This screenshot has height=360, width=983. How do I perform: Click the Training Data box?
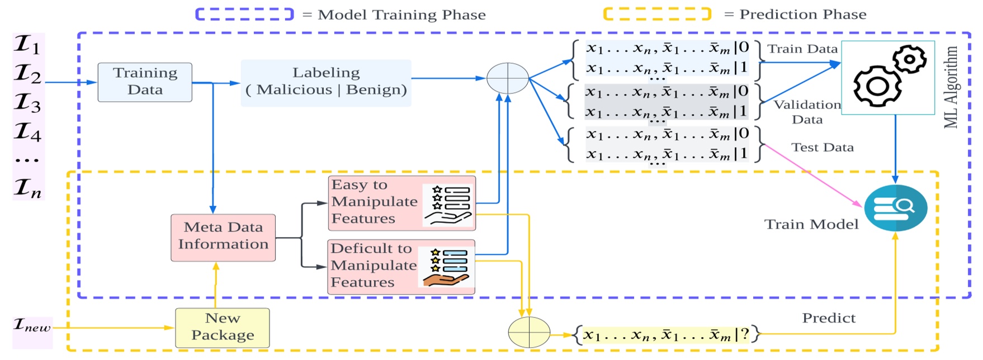click(145, 82)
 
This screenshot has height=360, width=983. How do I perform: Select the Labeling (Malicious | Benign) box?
click(326, 83)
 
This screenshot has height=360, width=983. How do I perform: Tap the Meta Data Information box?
click(223, 238)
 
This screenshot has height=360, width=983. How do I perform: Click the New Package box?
click(223, 328)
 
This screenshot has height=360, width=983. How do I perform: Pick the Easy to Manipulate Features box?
click(401, 203)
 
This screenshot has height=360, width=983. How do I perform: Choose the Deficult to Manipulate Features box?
click(401, 267)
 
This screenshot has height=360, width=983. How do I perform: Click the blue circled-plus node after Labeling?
click(508, 78)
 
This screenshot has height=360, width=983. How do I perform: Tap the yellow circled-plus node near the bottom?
click(529, 332)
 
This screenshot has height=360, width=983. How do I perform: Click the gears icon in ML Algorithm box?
click(888, 77)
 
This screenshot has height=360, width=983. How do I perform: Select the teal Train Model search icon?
click(895, 208)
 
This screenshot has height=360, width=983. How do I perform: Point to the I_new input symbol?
click(32, 325)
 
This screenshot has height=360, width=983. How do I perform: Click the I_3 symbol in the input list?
click(27, 103)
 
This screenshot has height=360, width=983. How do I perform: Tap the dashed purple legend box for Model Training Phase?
click(244, 15)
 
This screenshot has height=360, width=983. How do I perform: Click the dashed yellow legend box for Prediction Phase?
click(657, 14)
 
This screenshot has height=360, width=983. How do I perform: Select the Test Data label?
click(822, 148)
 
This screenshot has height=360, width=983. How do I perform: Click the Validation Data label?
click(807, 112)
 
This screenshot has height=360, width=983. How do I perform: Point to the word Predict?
click(829, 318)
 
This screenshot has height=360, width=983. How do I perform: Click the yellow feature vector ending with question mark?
click(666, 335)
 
